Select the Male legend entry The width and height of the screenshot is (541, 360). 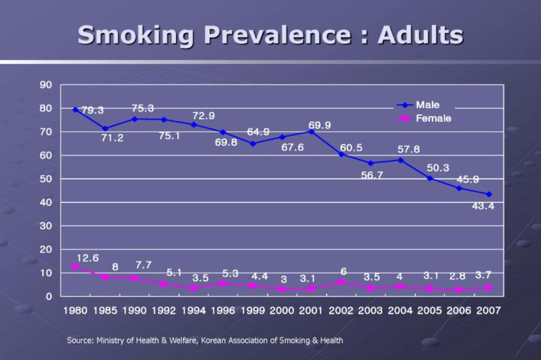click(x=428, y=105)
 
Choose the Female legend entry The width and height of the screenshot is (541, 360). click(x=433, y=119)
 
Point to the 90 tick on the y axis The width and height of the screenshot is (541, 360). click(x=46, y=85)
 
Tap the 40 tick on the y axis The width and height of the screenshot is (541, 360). click(x=46, y=202)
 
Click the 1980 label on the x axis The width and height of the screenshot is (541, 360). click(x=75, y=310)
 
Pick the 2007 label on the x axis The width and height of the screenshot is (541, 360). click(x=488, y=310)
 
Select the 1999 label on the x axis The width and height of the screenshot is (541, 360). click(x=252, y=310)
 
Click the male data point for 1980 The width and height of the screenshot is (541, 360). click(x=75, y=110)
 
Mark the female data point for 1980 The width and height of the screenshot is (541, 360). click(x=75, y=267)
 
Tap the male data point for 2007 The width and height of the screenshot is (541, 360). click(x=488, y=194)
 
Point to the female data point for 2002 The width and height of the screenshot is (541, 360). click(x=341, y=282)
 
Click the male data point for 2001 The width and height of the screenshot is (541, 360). click(x=311, y=132)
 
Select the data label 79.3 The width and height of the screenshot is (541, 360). click(x=92, y=110)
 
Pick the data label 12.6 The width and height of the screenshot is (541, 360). click(x=88, y=257)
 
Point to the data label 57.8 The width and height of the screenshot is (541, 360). click(x=408, y=150)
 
